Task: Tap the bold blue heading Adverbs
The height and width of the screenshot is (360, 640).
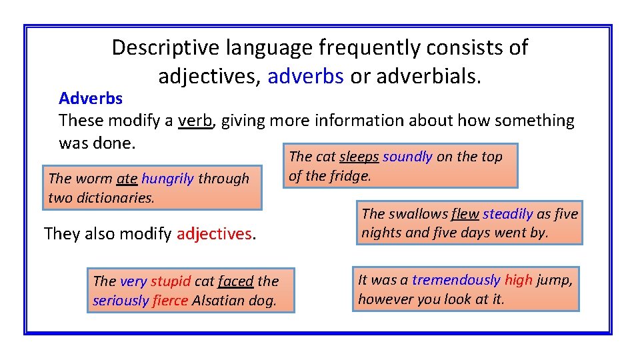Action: point(91,99)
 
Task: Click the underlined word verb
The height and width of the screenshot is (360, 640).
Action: point(195,121)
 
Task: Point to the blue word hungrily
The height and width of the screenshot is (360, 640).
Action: point(167,179)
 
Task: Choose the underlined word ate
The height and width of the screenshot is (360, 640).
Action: point(127,179)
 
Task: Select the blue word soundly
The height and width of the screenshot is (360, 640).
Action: point(407,157)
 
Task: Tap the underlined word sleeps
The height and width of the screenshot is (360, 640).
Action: point(359,157)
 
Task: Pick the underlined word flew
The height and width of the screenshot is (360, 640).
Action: point(465,214)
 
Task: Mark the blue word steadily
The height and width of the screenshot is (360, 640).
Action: point(507,214)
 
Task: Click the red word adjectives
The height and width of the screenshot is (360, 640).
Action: point(214,234)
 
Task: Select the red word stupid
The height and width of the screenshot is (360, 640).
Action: point(171,281)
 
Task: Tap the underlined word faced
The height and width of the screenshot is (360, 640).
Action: point(235,281)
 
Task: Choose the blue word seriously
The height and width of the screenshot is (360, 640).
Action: point(121,301)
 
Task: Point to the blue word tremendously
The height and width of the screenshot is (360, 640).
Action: point(456,280)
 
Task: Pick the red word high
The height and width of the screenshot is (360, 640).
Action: point(518,280)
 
